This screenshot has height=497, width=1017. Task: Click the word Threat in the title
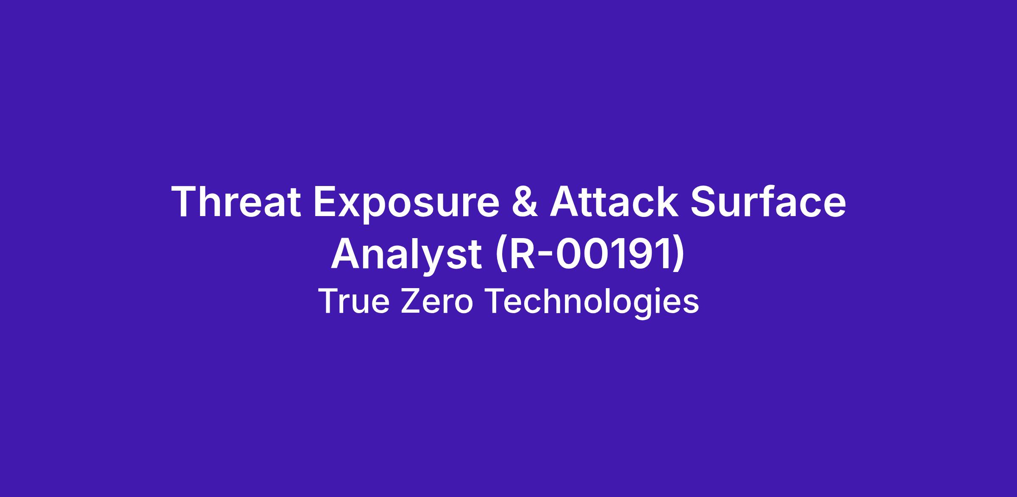click(x=236, y=202)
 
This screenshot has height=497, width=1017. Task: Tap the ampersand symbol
click(x=525, y=202)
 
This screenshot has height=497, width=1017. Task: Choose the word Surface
click(x=768, y=202)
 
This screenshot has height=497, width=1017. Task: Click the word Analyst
click(x=406, y=255)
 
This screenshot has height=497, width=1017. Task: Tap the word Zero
click(x=436, y=301)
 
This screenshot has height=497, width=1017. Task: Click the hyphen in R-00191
click(x=545, y=257)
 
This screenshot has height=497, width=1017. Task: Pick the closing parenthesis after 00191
click(x=677, y=256)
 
